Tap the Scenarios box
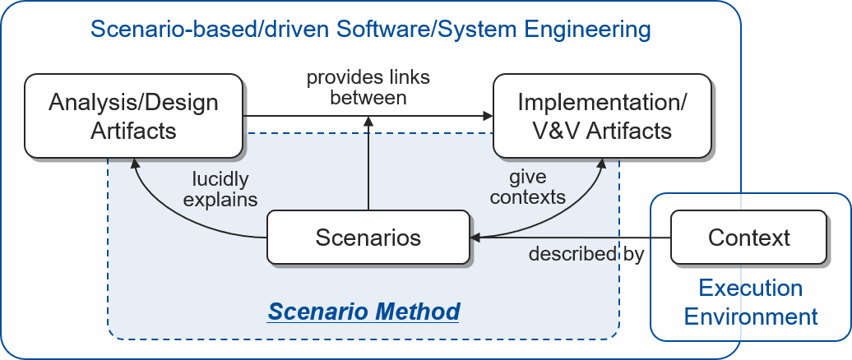tap(368, 238)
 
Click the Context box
tap(748, 238)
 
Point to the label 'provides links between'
tap(368, 87)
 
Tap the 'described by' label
tap(586, 255)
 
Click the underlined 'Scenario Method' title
tap(363, 312)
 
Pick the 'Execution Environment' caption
tap(750, 302)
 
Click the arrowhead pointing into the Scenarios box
tap(475, 238)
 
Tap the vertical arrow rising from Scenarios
tap(368, 168)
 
